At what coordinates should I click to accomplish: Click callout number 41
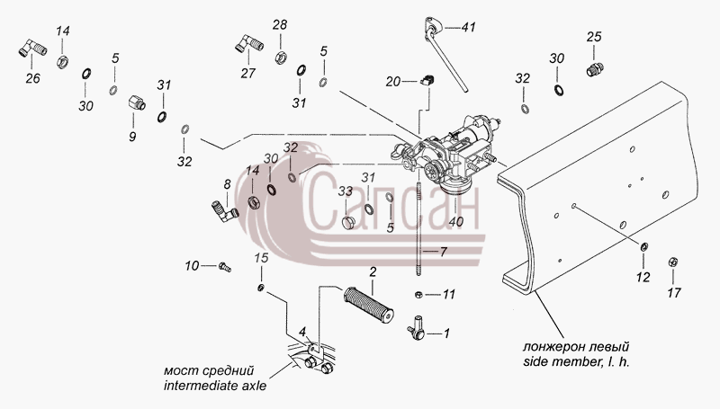468,28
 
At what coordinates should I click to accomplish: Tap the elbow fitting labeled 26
32,49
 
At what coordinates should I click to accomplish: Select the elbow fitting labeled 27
249,43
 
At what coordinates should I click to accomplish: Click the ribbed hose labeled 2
369,305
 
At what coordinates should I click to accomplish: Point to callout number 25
594,37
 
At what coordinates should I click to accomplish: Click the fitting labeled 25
595,70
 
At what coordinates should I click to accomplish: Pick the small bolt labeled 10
225,267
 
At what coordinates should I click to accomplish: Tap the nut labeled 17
673,262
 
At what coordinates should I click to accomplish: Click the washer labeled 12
643,247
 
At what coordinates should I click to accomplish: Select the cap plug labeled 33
349,223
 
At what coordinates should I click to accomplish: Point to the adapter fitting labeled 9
137,102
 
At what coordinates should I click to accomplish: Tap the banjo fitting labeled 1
417,328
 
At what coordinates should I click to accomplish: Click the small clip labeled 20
427,81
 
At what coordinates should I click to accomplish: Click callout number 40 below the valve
456,222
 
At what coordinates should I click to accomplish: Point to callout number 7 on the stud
443,252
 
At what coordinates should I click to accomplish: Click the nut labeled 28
281,58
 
